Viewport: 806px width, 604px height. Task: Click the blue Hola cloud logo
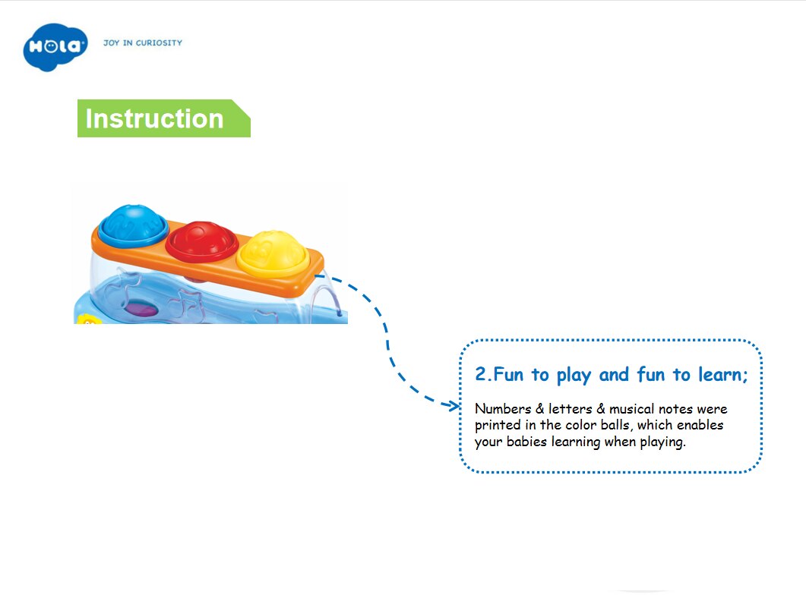point(55,47)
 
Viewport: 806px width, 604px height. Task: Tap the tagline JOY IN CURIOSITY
point(143,43)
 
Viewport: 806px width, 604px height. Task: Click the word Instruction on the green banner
point(154,118)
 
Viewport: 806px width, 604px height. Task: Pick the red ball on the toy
point(202,241)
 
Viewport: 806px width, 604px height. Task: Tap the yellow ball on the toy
point(273,253)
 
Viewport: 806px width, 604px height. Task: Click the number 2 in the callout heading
point(480,374)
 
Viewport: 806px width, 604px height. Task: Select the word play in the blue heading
point(574,376)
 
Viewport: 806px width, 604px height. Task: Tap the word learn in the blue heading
point(719,374)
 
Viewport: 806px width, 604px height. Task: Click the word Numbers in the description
point(503,409)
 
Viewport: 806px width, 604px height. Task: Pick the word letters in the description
point(570,409)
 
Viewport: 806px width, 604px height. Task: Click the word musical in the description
point(632,409)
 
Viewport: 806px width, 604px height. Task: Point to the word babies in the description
point(526,442)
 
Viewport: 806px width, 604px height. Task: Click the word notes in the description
point(675,409)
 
